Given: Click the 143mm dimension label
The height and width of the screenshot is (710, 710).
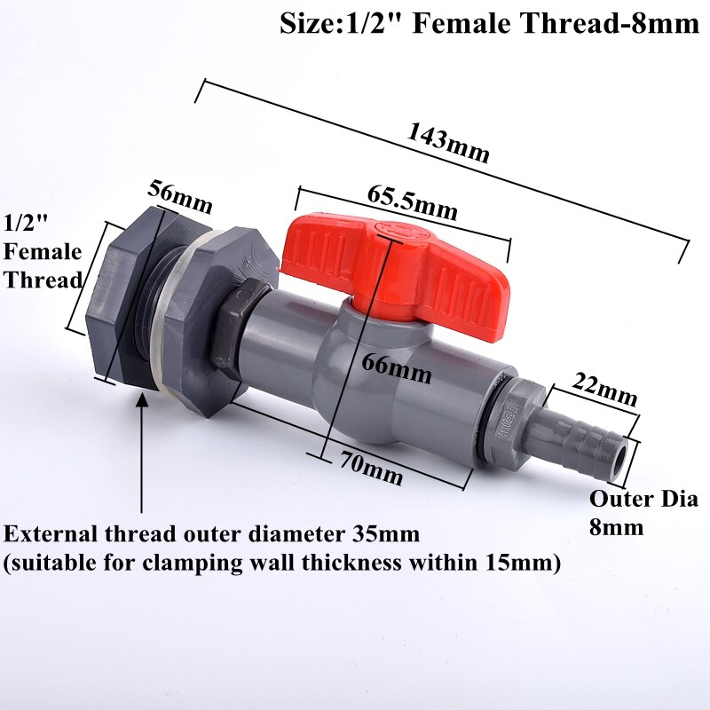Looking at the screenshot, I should click(448, 142).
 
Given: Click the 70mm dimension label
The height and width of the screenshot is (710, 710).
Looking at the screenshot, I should click(371, 469).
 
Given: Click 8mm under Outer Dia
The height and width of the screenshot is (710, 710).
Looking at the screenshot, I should click(616, 527).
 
